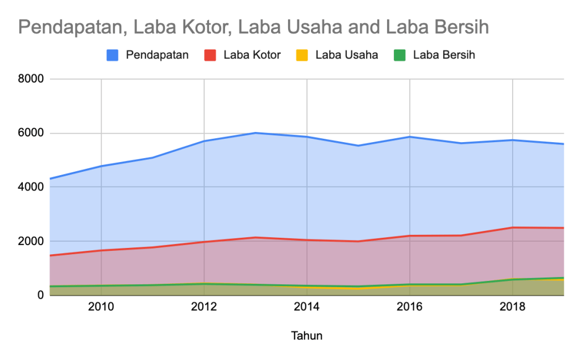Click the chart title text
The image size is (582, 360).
(x=253, y=27)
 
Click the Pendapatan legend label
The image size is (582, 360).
(x=157, y=55)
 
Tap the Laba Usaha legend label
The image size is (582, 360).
(x=347, y=55)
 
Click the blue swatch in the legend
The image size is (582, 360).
(x=113, y=55)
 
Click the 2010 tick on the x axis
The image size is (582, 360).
(x=101, y=308)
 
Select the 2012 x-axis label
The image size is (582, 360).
(x=204, y=308)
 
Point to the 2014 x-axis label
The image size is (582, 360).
(x=307, y=308)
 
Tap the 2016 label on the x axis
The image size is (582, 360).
(x=410, y=308)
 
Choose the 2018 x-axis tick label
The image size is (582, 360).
(x=513, y=308)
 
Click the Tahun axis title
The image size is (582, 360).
(x=307, y=336)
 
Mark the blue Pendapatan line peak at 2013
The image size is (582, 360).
(x=256, y=133)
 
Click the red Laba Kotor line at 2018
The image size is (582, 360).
(x=513, y=227)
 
